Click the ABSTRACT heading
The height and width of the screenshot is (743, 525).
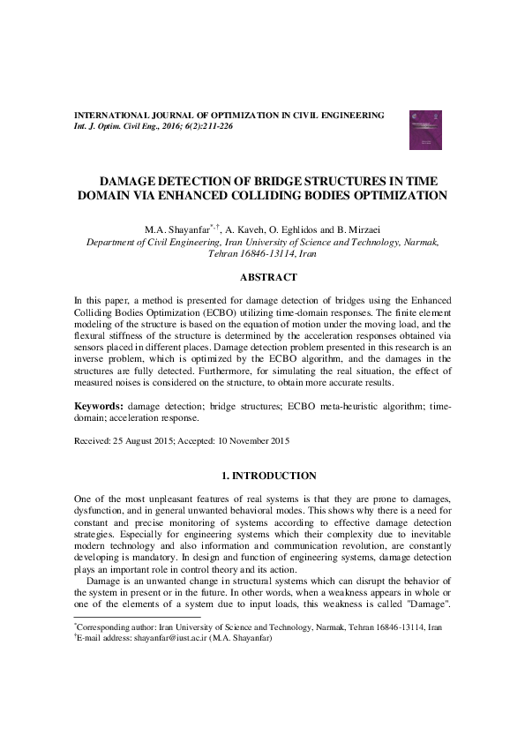(x=262, y=277)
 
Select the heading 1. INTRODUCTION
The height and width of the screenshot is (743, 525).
(x=262, y=476)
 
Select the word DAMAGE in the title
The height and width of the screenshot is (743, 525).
(x=144, y=178)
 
